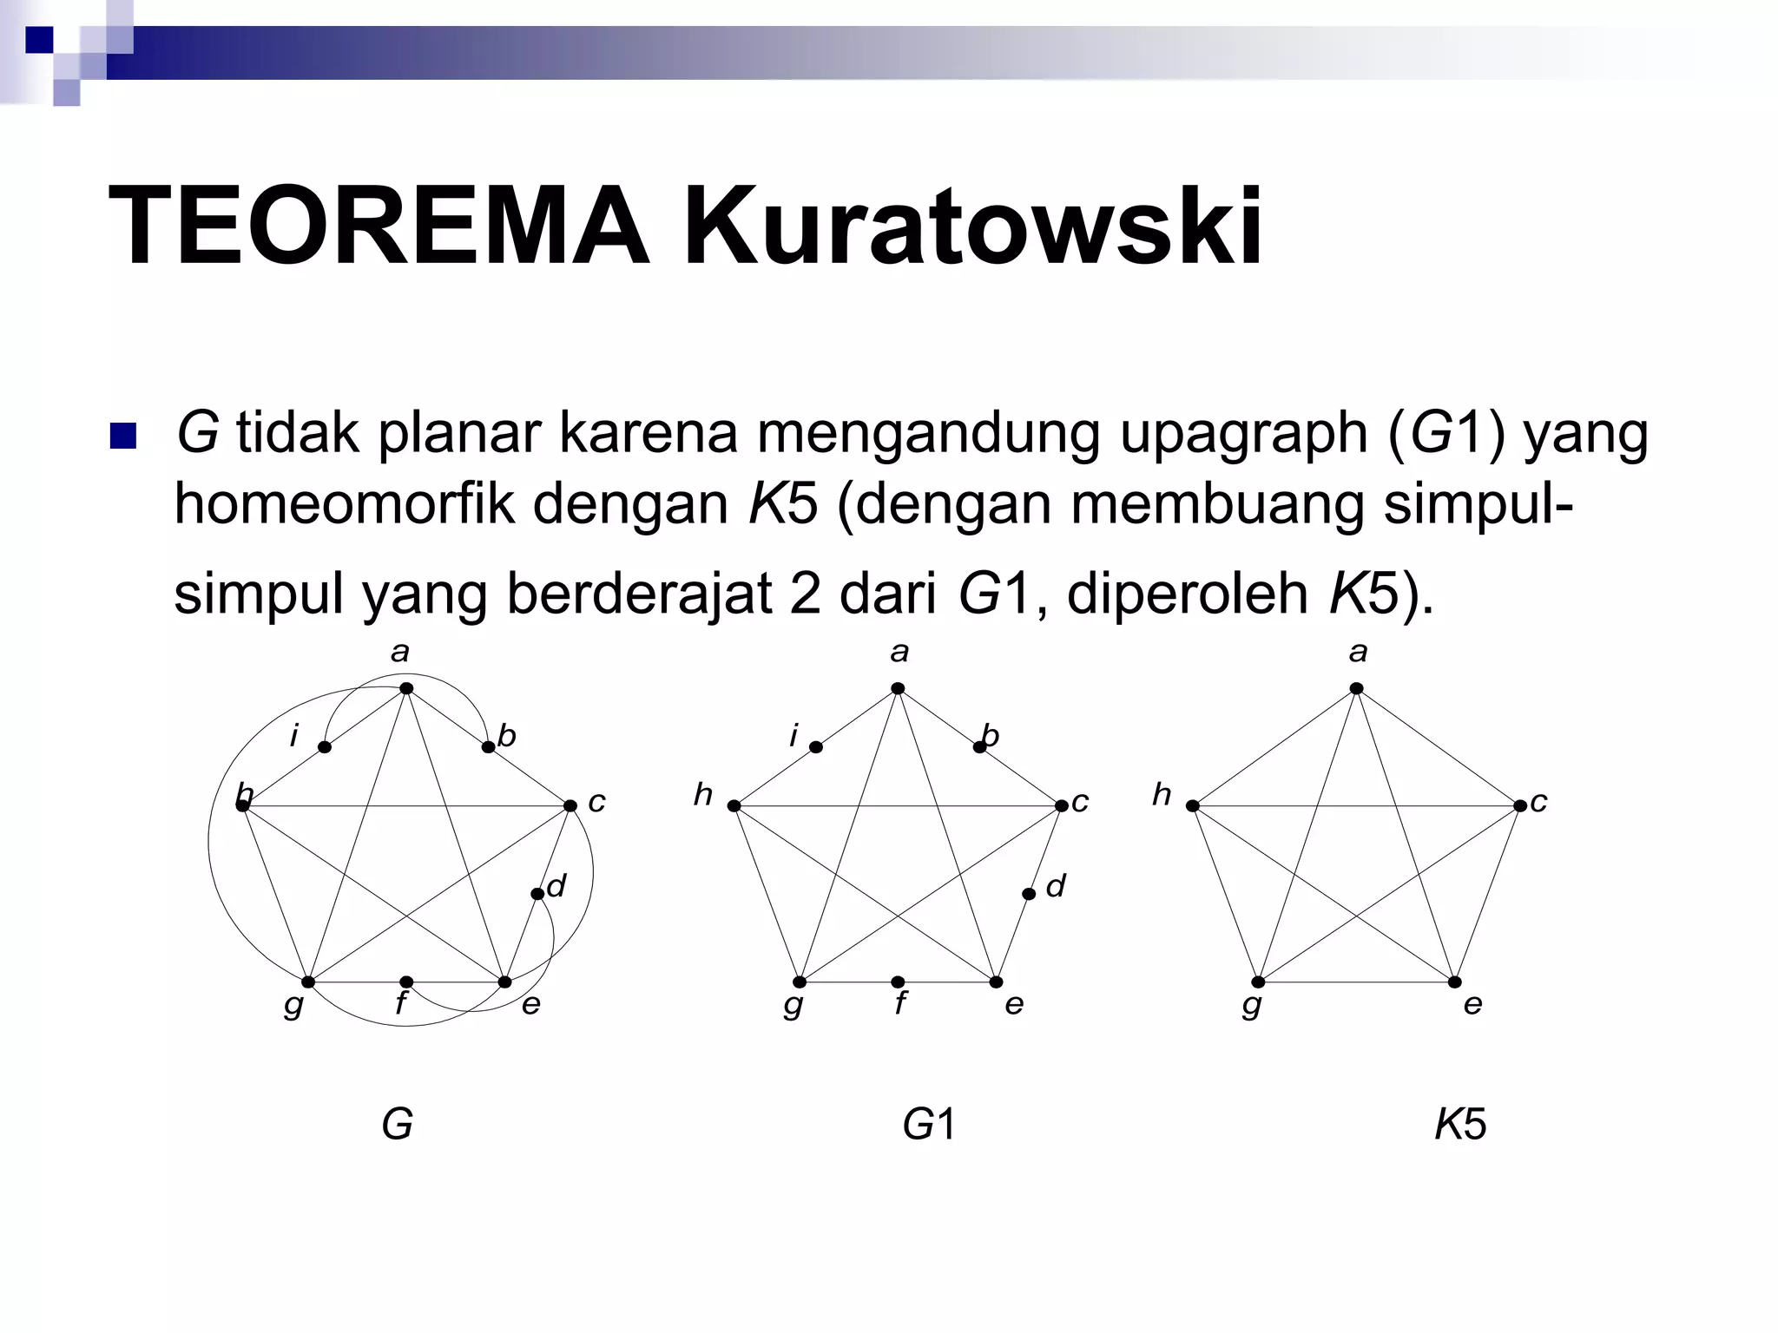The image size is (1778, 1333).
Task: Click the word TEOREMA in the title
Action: pyautogui.click(x=379, y=227)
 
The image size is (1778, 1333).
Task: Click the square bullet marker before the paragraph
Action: pyautogui.click(x=123, y=436)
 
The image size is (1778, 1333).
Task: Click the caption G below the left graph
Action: pyautogui.click(x=397, y=1125)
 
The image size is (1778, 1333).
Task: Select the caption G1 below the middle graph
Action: pyautogui.click(x=928, y=1125)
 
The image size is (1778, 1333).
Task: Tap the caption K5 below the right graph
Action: pyautogui.click(x=1460, y=1125)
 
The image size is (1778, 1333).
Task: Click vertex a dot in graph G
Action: pyautogui.click(x=406, y=689)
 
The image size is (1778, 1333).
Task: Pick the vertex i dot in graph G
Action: pyautogui.click(x=325, y=747)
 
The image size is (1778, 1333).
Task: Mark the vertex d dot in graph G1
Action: pyautogui.click(x=1029, y=894)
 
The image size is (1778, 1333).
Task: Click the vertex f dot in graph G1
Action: pyautogui.click(x=899, y=982)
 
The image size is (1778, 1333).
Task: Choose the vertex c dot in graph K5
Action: pyautogui.click(x=1520, y=806)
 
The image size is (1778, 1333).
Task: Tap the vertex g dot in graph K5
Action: pyautogui.click(x=1258, y=982)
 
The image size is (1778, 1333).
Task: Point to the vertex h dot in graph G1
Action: pyautogui.click(x=734, y=806)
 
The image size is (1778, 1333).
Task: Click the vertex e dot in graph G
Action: pyautogui.click(x=505, y=982)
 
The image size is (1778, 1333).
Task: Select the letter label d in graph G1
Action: pyautogui.click(x=1056, y=886)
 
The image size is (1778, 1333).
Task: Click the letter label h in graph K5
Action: pyautogui.click(x=1162, y=794)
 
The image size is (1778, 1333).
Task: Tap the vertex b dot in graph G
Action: pyautogui.click(x=488, y=747)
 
